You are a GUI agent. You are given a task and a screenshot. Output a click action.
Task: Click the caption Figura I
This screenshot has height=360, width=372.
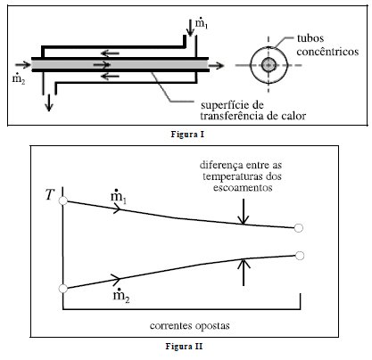coord(187,135)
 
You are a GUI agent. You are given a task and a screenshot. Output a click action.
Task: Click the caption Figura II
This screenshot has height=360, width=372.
coord(184,347)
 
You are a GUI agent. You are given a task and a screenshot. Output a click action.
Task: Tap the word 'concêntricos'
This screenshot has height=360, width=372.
coord(327,52)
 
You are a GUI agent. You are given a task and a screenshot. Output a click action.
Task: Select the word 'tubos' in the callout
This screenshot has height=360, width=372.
coord(310,38)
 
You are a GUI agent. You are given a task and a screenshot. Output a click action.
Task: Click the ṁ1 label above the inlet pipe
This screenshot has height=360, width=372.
coord(202,23)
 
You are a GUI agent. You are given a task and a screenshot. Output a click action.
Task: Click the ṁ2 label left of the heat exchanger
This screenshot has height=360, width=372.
coord(19,78)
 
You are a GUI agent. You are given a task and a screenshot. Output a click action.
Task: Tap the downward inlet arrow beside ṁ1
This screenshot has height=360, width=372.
coord(189,28)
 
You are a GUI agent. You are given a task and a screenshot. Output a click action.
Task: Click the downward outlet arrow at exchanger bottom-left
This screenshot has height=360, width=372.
coord(49,102)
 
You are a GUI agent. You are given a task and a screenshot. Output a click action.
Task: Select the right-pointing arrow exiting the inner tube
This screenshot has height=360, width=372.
coord(216,65)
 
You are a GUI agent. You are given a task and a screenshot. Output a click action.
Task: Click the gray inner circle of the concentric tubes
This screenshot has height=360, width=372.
coord(269,65)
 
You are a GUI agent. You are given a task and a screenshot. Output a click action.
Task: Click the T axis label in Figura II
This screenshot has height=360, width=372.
coord(50,195)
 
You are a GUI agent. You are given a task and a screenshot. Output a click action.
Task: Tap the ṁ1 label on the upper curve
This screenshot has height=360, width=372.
coord(119,197)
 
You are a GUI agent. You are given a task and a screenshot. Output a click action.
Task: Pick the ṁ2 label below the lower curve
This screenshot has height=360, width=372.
coord(121,296)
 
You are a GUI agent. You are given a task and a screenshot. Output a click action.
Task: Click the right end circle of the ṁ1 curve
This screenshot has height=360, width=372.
coord(299,228)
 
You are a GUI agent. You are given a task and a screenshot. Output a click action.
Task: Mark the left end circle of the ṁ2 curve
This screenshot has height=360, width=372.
coord(63,289)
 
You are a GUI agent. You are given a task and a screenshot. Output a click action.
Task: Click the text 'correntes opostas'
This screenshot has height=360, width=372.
coord(190,325)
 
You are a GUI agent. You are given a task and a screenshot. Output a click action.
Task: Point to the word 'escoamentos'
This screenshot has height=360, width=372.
coord(243,188)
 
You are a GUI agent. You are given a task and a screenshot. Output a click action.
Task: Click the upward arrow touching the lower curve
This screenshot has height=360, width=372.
coord(244,273)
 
